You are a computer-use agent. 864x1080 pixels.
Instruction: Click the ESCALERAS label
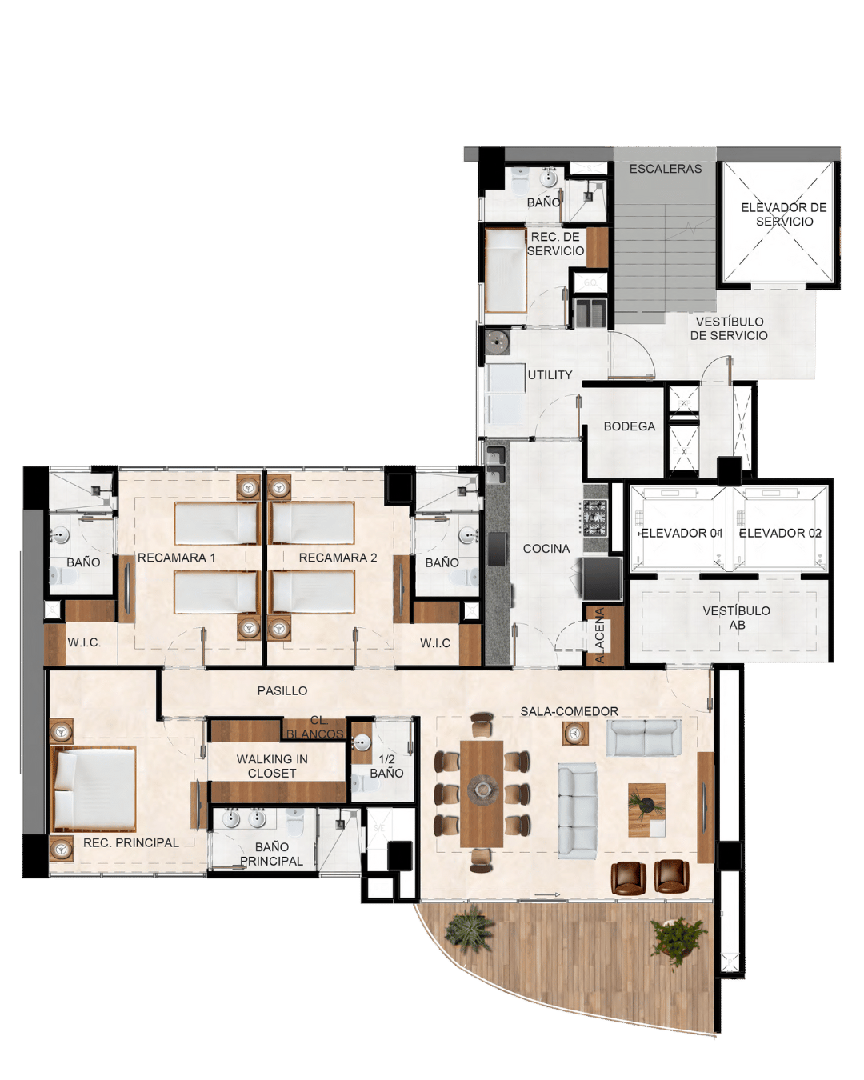point(665,169)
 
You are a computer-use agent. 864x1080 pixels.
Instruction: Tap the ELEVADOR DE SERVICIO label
point(784,214)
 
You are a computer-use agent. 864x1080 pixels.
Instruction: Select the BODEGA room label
point(629,426)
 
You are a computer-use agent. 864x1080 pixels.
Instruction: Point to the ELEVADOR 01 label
point(681,533)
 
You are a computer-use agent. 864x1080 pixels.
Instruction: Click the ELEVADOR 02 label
point(780,533)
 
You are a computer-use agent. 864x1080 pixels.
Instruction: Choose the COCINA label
point(546,549)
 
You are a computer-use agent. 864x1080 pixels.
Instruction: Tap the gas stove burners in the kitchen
point(595,518)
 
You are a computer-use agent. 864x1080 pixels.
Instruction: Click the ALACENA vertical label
point(600,637)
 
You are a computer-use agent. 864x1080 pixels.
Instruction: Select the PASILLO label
point(282,690)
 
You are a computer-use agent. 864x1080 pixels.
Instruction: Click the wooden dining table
point(482,793)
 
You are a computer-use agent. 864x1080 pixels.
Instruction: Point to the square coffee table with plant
point(646,810)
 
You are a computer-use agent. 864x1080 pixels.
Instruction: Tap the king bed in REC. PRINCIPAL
point(94,789)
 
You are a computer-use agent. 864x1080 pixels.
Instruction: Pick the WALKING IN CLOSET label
point(272,766)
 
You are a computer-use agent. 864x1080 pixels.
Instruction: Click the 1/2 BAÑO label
point(386,766)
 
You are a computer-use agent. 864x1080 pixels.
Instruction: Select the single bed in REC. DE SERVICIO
point(505,270)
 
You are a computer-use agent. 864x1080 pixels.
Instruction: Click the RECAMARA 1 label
point(176,558)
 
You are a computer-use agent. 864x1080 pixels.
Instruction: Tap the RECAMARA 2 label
point(338,558)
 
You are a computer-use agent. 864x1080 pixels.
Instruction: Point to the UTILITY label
point(550,374)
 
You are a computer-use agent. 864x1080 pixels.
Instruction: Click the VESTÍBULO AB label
point(736,618)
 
